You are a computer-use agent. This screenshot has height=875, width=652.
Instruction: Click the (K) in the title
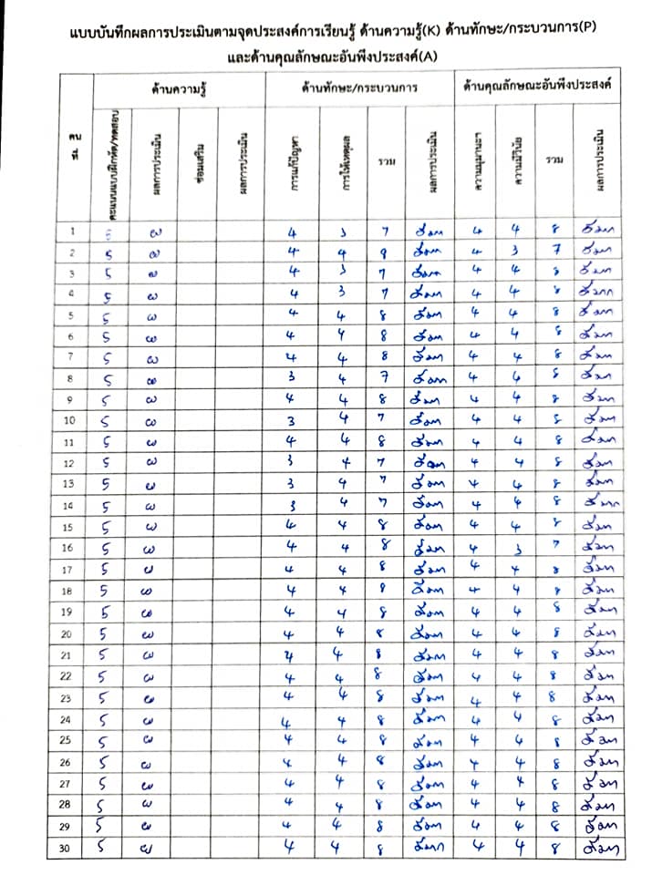[x=429, y=33]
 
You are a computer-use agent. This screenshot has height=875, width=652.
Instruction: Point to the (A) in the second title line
[x=425, y=57]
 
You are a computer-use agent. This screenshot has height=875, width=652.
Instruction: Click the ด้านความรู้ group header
[x=179, y=89]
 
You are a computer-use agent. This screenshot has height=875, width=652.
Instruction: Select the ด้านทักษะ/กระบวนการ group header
[x=359, y=89]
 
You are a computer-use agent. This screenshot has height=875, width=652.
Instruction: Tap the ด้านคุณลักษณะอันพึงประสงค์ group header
[x=536, y=89]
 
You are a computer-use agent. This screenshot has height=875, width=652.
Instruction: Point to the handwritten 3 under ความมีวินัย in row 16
[x=516, y=548]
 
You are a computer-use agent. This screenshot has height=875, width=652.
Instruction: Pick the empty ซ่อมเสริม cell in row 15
[x=199, y=527]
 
